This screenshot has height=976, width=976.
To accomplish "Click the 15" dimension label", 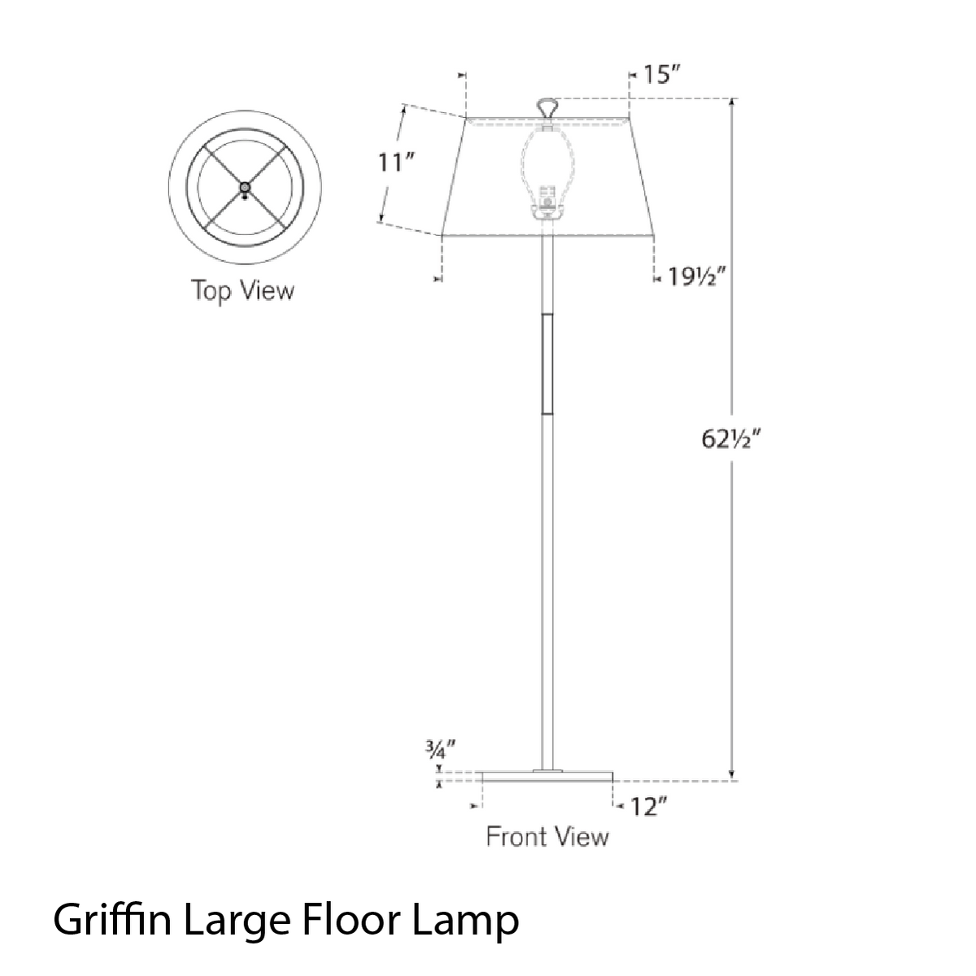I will click(x=661, y=76).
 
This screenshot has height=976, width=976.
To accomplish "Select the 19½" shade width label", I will click(x=695, y=278).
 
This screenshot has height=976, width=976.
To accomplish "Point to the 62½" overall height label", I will click(x=730, y=439).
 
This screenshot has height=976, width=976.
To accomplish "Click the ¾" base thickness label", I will click(x=438, y=749).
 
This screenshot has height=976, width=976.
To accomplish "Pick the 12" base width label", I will click(x=648, y=807).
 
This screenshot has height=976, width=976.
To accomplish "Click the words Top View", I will click(x=242, y=290).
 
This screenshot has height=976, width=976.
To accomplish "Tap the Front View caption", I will click(x=547, y=836).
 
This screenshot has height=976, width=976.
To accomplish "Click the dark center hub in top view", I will click(x=245, y=189).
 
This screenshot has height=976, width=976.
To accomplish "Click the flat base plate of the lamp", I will click(x=547, y=777).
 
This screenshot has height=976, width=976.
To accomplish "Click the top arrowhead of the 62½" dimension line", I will click(x=732, y=103).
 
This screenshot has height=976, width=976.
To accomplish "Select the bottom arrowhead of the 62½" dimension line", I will click(x=732, y=775).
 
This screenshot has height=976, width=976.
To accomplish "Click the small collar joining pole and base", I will click(x=547, y=769).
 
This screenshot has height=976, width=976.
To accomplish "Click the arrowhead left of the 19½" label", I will click(x=658, y=279).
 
